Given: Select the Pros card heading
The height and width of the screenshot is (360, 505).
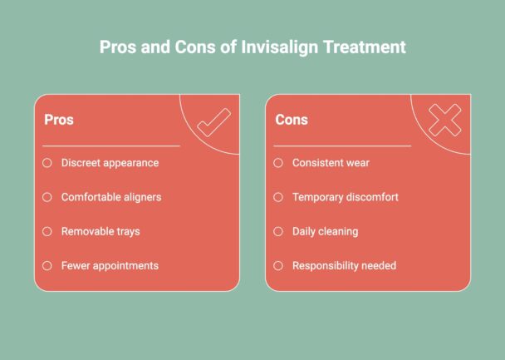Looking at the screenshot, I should pyautogui.click(x=58, y=120).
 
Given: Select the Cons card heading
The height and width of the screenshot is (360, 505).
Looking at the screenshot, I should pyautogui.click(x=292, y=120).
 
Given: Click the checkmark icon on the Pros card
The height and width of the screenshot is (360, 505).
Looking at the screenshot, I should pyautogui.click(x=213, y=124).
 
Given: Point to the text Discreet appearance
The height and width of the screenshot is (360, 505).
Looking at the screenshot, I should pyautogui.click(x=110, y=163).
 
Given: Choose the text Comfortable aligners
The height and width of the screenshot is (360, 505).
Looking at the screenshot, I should pyautogui.click(x=111, y=197).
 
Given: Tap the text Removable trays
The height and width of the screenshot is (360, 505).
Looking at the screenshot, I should pyautogui.click(x=101, y=231).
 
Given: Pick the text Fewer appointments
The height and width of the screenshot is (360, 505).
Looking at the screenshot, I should pyautogui.click(x=110, y=266).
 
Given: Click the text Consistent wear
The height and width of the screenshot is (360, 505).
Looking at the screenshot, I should pyautogui.click(x=331, y=163).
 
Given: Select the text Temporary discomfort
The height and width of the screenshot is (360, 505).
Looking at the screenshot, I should pyautogui.click(x=346, y=197).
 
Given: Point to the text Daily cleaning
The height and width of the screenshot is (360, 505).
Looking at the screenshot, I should pyautogui.click(x=325, y=231).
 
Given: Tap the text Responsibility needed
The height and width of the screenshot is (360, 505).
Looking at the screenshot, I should pyautogui.click(x=344, y=266).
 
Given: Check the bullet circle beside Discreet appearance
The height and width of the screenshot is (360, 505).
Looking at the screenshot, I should pyautogui.click(x=47, y=163).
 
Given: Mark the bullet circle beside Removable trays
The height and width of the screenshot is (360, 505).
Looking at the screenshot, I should pyautogui.click(x=47, y=231).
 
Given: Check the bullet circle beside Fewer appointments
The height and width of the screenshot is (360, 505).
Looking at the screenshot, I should pyautogui.click(x=47, y=266).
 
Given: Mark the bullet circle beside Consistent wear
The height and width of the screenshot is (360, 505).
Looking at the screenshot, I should pyautogui.click(x=278, y=163).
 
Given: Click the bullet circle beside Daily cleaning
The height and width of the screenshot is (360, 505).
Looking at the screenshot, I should pyautogui.click(x=278, y=231).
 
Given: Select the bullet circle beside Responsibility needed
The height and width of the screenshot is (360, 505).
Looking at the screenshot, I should pyautogui.click(x=278, y=266).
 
